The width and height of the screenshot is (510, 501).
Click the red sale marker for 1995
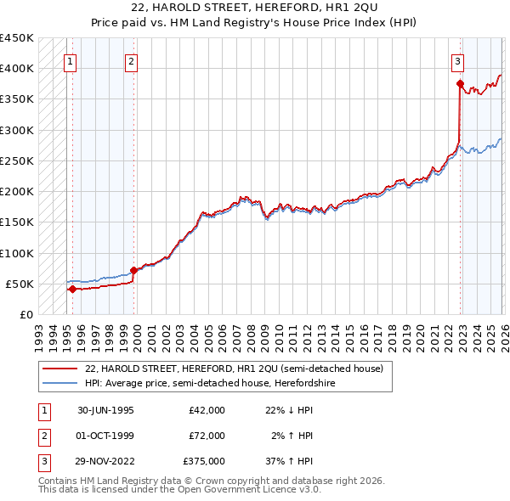coord(72,289)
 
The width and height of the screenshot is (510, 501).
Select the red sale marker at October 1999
coord(133,271)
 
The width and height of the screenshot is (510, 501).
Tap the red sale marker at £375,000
coord(459,83)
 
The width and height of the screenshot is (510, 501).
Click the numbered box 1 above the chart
coord(70,60)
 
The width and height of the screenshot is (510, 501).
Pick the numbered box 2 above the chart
coord(132,60)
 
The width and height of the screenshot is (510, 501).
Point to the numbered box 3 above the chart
coord(457,60)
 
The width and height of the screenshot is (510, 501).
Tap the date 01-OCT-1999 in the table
coord(105,436)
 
